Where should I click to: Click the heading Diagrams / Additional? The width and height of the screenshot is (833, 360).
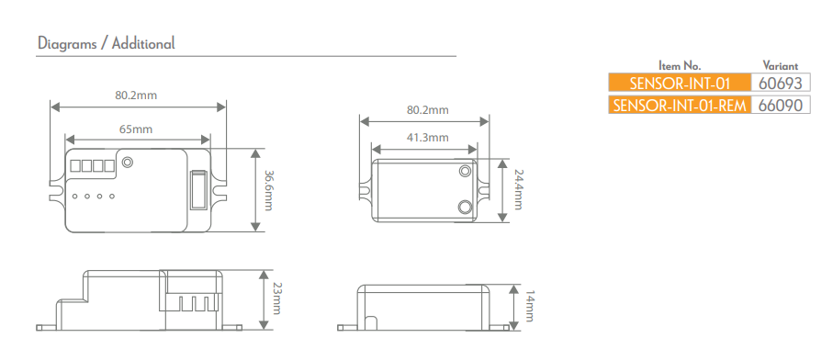pyautogui.click(x=106, y=43)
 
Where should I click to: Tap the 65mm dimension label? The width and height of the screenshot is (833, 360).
pyautogui.click(x=136, y=129)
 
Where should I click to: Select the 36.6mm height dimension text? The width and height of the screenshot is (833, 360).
pyautogui.click(x=268, y=190)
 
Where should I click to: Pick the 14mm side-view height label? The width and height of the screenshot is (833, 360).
pyautogui.click(x=529, y=307)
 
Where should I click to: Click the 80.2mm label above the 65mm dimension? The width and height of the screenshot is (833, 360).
pyautogui.click(x=136, y=95)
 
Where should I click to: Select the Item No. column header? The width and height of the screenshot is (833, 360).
pyautogui.click(x=680, y=66)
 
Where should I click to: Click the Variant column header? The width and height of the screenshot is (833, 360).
pyautogui.click(x=781, y=66)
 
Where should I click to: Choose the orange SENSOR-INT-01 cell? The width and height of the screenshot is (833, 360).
pyautogui.click(x=679, y=83)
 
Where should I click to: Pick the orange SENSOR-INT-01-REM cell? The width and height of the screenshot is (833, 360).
pyautogui.click(x=679, y=105)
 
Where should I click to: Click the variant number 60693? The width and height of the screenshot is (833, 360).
pyautogui.click(x=781, y=83)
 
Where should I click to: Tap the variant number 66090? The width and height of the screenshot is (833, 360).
pyautogui.click(x=781, y=105)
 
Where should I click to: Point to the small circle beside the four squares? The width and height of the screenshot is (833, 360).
pyautogui.click(x=128, y=163)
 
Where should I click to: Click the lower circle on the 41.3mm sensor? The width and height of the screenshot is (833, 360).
pyautogui.click(x=465, y=207)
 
